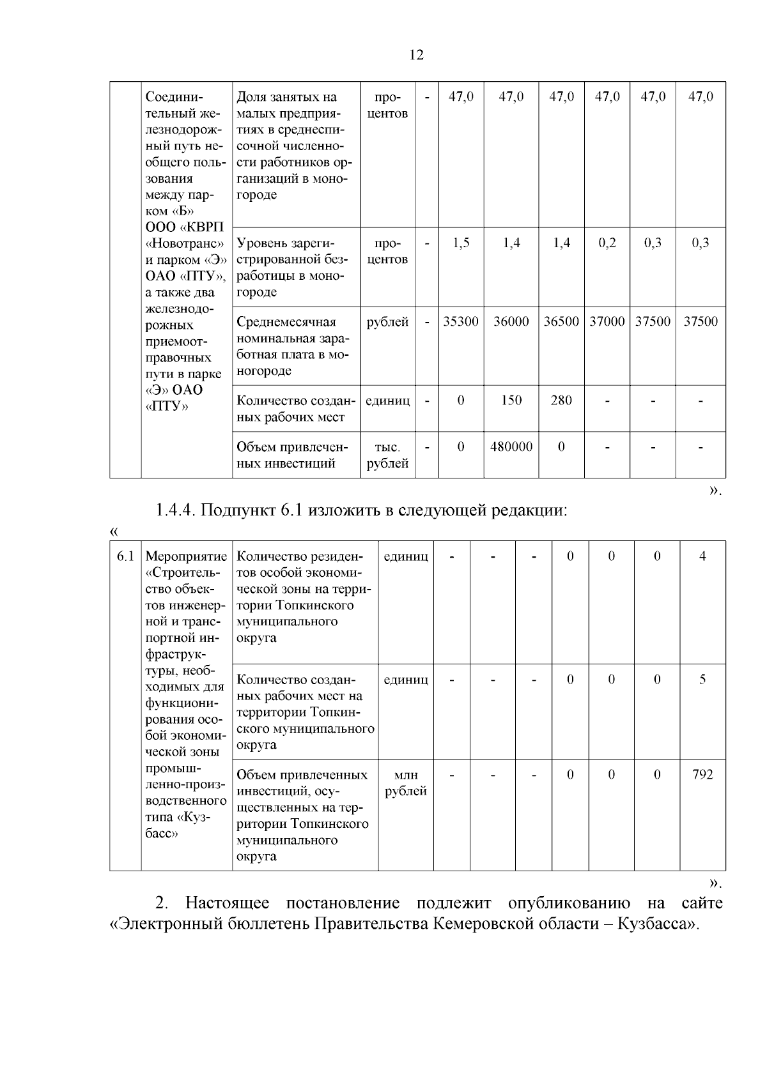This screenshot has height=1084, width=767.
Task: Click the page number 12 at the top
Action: coord(415,55)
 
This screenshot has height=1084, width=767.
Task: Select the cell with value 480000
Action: coord(511,447)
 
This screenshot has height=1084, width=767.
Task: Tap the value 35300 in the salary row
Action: coord(461,322)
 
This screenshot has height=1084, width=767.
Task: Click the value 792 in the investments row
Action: coord(702,775)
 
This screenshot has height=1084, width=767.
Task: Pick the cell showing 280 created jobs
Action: coord(561,401)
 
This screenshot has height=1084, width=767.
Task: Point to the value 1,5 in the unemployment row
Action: coord(461,243)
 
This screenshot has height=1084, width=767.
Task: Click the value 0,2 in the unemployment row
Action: coord(607,243)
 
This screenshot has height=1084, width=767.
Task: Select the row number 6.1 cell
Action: coord(125,556)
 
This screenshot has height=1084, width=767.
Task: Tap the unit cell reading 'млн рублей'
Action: coord(405,783)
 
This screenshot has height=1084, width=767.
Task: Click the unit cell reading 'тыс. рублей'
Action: coord(387,455)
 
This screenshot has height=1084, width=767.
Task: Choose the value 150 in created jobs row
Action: coord(511,401)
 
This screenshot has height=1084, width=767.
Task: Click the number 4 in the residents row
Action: coord(702,556)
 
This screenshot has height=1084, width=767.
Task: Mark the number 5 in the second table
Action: coord(702,680)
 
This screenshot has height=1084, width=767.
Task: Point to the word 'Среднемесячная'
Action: coord(286,322)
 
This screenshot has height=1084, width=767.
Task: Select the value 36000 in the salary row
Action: coord(511,322)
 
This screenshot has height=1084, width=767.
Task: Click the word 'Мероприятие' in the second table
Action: coord(186,556)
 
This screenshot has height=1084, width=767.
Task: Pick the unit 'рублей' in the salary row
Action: coord(387,322)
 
